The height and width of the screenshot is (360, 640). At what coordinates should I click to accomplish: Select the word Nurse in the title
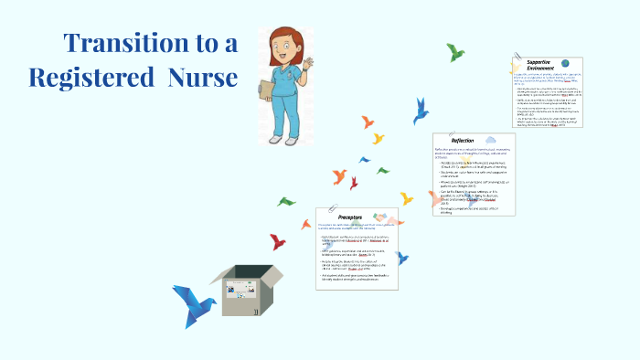(x=203, y=78)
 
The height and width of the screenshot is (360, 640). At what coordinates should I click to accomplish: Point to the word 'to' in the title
(x=203, y=43)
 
